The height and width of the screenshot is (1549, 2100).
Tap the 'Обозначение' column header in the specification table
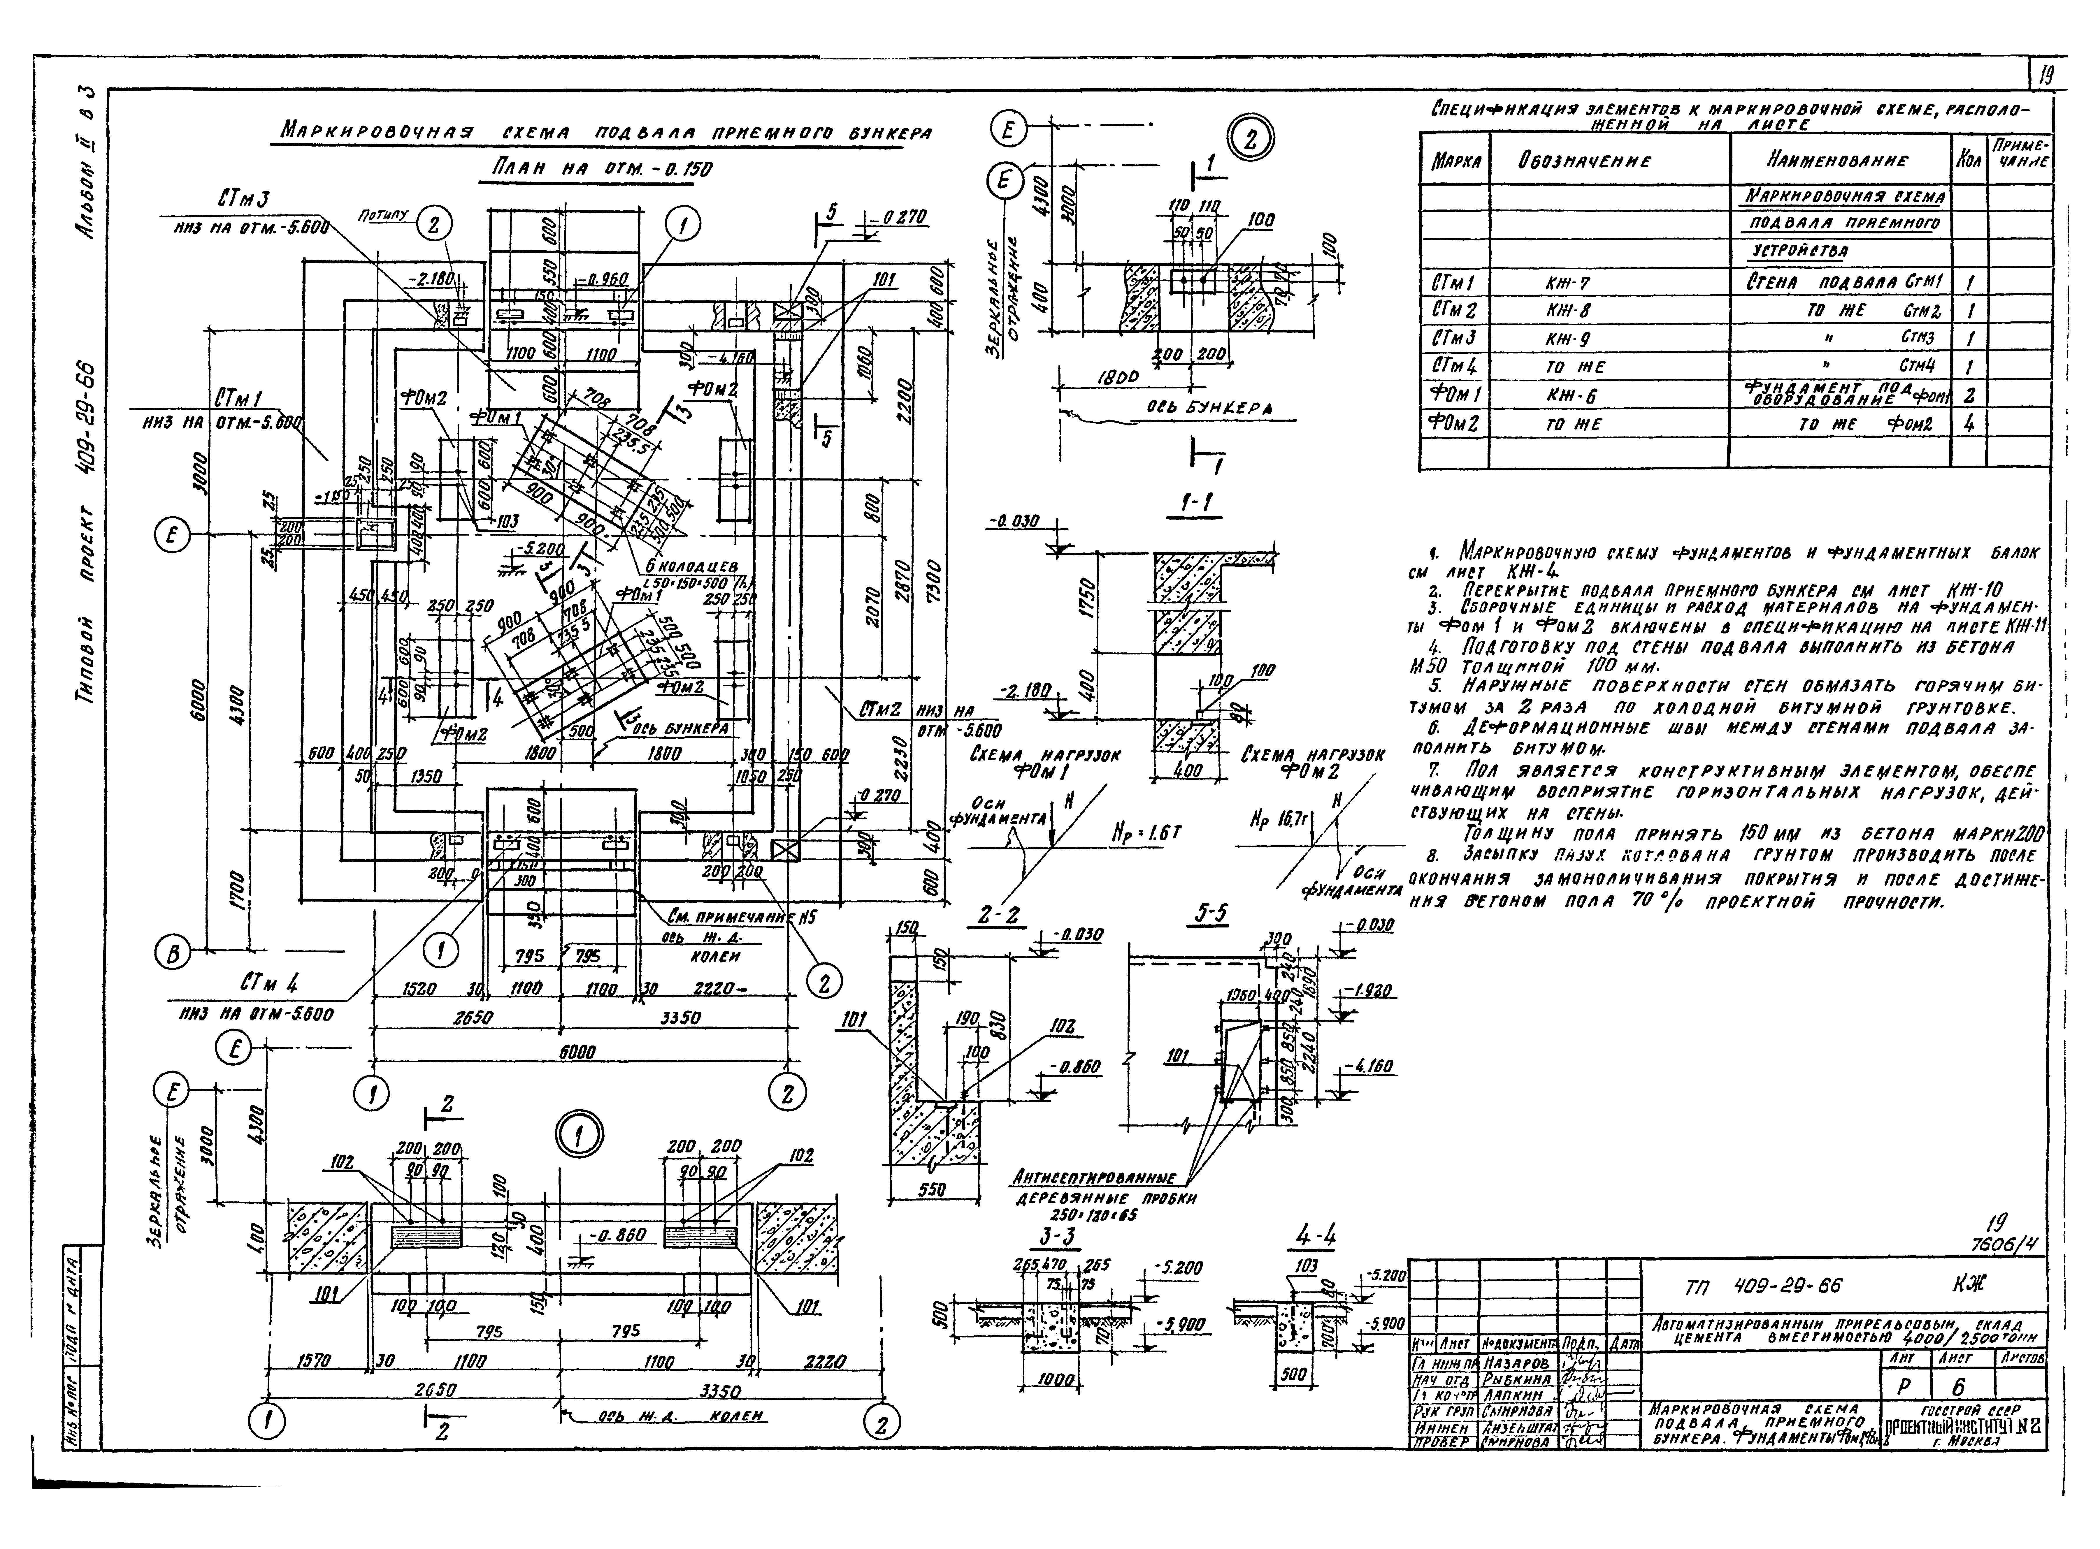(x=1583, y=160)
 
